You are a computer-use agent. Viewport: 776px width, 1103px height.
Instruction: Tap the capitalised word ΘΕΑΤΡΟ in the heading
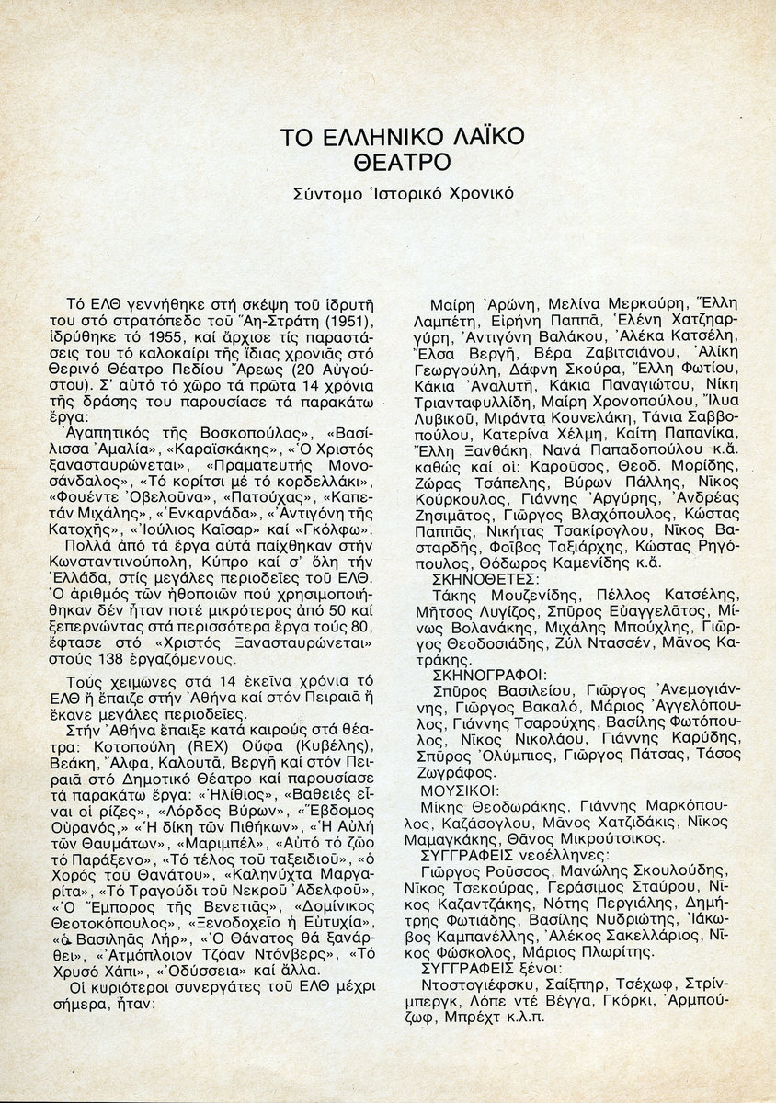click(x=404, y=164)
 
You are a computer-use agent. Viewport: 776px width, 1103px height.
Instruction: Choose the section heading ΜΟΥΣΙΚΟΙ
click(x=459, y=790)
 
